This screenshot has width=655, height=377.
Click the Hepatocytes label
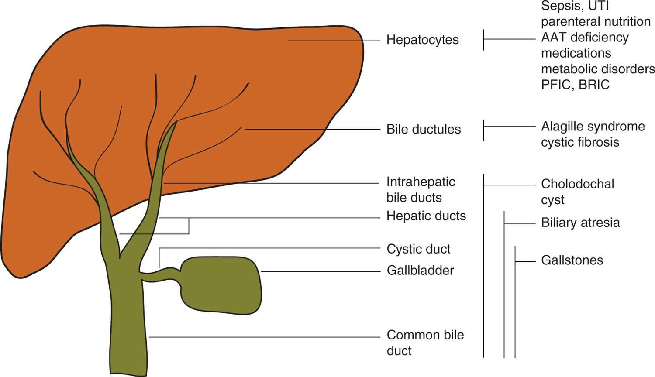(x=422, y=40)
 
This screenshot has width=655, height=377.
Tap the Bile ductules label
(x=424, y=130)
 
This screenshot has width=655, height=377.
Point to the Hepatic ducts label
(x=426, y=216)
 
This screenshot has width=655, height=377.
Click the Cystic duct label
(x=418, y=249)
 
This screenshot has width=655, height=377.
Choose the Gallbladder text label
(x=420, y=271)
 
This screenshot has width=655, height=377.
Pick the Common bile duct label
(x=425, y=343)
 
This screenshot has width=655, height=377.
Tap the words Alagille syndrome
(x=593, y=127)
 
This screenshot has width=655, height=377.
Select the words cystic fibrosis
(x=580, y=142)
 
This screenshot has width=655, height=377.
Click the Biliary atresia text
(x=580, y=223)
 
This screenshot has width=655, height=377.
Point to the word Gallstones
(x=572, y=260)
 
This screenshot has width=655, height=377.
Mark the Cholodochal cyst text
(x=577, y=192)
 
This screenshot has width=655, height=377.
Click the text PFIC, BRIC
(x=575, y=85)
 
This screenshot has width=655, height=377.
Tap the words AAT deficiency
(x=585, y=38)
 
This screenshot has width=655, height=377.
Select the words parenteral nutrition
(x=596, y=22)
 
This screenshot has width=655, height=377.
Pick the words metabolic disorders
(x=598, y=69)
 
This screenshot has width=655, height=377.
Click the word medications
(x=576, y=53)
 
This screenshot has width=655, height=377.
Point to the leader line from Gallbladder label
(x=321, y=272)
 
